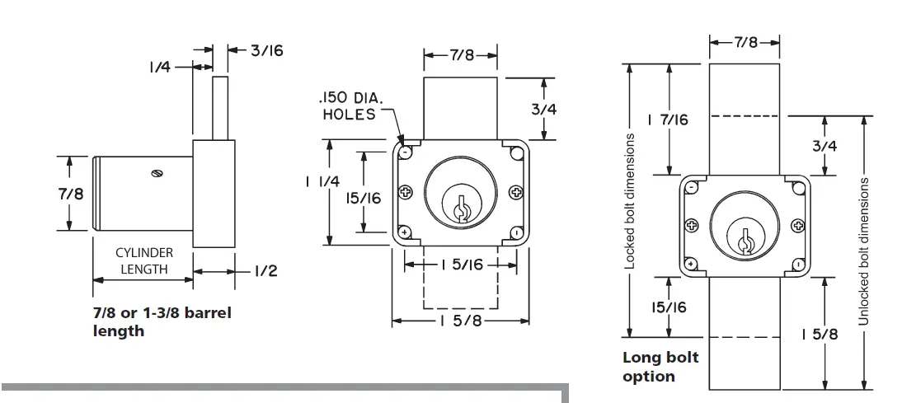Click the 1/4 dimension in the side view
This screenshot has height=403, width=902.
tap(160, 67)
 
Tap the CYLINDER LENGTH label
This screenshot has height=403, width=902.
tap(143, 261)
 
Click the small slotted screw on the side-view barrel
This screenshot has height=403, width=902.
tap(157, 173)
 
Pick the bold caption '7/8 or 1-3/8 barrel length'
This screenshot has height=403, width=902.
tap(162, 321)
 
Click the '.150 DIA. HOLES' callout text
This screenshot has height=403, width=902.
tap(348, 106)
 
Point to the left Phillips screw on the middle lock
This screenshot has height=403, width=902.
tap(405, 193)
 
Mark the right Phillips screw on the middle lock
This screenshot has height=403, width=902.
tap(516, 193)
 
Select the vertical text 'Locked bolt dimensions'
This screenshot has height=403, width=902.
tap(630, 201)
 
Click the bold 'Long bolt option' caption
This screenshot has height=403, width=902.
tap(660, 367)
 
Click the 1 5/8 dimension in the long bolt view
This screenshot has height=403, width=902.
tap(820, 334)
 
